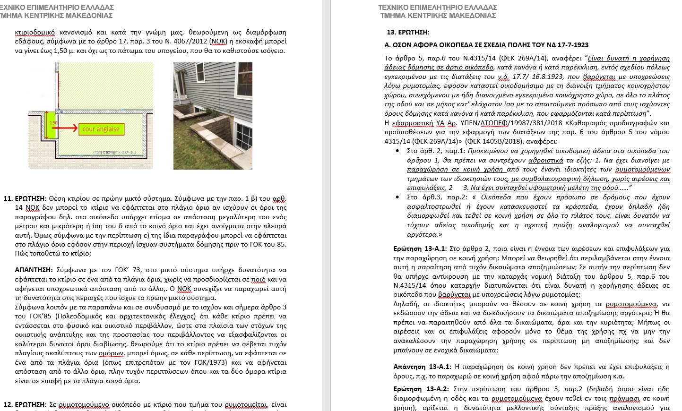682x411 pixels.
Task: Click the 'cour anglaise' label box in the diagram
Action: click(x=101, y=129)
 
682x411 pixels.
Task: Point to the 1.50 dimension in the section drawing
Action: click(x=53, y=123)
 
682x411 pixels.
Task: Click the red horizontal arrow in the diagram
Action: click(x=68, y=128)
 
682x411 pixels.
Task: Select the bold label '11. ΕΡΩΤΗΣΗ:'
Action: click(x=25, y=198)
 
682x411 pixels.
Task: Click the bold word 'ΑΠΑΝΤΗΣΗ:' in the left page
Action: click(x=34, y=270)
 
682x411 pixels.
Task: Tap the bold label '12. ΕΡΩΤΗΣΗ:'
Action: click(x=25, y=404)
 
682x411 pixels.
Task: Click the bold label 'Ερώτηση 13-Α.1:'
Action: click(x=420, y=248)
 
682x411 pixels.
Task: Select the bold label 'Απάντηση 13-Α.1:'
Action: click(x=422, y=367)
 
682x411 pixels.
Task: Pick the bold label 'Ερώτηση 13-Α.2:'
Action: click(x=421, y=389)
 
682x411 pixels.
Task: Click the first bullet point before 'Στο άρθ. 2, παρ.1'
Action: click(x=397, y=151)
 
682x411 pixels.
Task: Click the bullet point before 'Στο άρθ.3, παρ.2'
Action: click(x=397, y=197)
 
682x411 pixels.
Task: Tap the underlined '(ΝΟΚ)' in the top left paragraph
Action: click(x=218, y=42)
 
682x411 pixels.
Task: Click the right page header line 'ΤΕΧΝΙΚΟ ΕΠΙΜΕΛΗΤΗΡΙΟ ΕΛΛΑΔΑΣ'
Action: click(x=438, y=8)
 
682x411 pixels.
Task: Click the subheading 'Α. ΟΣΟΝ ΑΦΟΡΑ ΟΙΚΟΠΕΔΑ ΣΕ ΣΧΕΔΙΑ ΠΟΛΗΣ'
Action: click(x=486, y=45)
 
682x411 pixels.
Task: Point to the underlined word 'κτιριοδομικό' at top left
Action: click(x=35, y=32)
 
